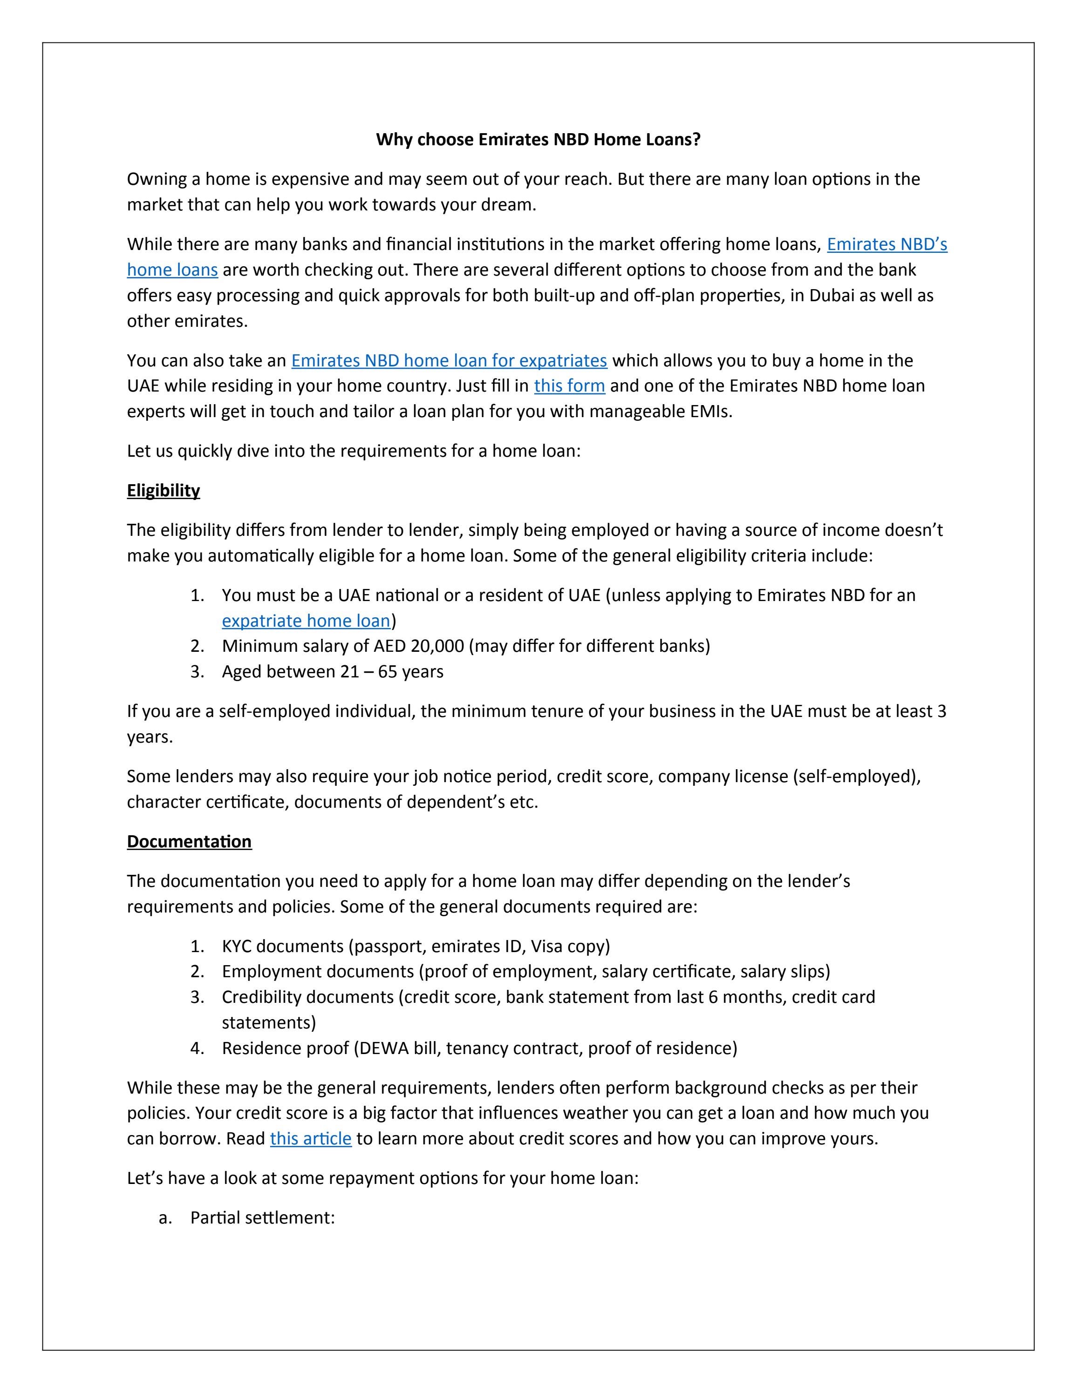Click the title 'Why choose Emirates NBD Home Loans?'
538,139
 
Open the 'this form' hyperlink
569,386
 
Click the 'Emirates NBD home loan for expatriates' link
449,360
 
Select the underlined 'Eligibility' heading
164,491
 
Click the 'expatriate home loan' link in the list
306,621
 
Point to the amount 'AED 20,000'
419,646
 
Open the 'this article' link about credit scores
311,1138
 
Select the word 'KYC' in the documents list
237,946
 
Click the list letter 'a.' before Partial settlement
165,1217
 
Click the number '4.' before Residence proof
197,1048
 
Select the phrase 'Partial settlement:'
262,1217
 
